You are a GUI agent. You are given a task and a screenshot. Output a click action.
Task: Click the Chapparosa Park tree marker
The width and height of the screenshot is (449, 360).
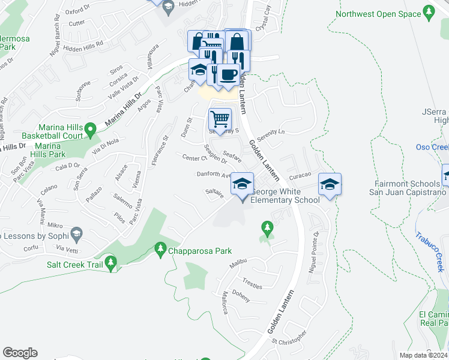click(x=160, y=248)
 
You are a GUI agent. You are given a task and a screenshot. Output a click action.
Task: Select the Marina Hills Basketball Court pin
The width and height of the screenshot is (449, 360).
click(x=90, y=128)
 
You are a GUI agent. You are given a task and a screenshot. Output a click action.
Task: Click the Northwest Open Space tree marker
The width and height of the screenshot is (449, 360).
click(x=428, y=12)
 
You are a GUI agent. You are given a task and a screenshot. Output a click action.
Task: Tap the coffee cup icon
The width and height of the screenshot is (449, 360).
click(x=227, y=74)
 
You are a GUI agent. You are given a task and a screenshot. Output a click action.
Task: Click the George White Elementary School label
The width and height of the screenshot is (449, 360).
click(x=285, y=196)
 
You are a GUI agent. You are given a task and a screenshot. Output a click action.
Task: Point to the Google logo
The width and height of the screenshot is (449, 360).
click(x=20, y=353)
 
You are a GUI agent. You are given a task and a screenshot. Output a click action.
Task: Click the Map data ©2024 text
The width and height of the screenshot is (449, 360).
click(x=423, y=355)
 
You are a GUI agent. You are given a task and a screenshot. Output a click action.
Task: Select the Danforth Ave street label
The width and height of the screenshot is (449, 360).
click(x=214, y=175)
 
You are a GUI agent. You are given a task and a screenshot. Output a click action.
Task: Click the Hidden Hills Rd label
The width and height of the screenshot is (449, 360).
click(x=83, y=44)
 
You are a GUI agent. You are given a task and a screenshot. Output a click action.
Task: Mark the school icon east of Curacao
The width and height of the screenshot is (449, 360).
click(x=330, y=184)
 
